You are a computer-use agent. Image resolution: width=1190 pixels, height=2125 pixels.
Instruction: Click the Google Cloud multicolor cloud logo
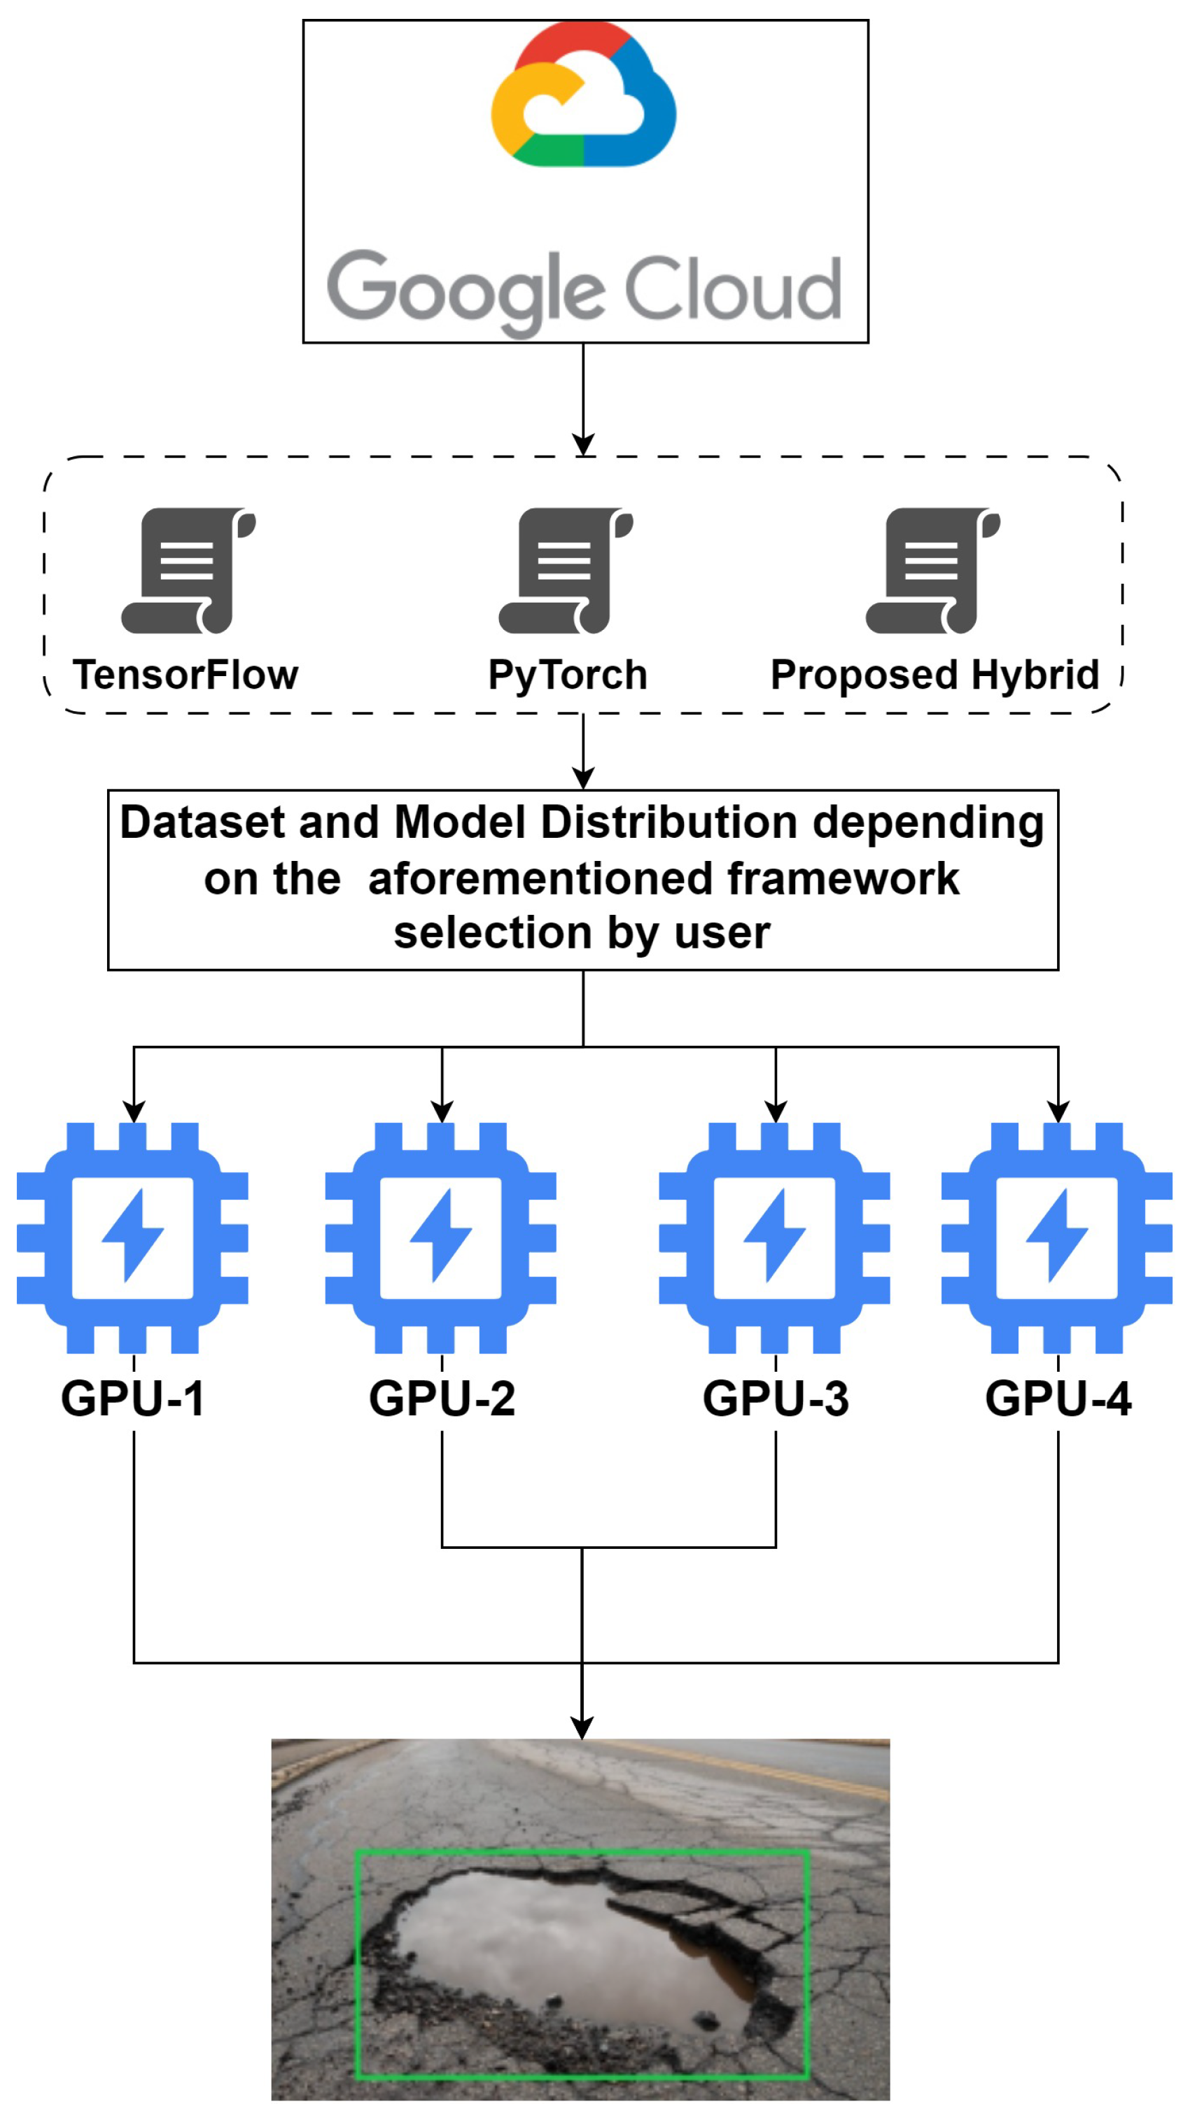(x=583, y=93)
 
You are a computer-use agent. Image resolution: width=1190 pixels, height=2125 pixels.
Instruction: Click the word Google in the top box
(x=466, y=293)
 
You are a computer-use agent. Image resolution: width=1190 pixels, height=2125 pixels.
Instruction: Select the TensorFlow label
(x=185, y=675)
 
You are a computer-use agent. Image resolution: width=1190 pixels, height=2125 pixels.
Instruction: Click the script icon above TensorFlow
(x=189, y=571)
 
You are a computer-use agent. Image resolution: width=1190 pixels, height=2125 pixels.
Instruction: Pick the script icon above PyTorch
(x=566, y=571)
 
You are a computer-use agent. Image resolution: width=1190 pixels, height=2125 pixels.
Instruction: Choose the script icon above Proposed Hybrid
(x=933, y=571)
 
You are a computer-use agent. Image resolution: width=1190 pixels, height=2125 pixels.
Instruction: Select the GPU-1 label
(x=133, y=1399)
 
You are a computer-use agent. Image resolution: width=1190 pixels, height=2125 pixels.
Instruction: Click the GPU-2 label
(x=442, y=1399)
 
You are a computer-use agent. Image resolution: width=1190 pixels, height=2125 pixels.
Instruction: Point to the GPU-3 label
(x=776, y=1399)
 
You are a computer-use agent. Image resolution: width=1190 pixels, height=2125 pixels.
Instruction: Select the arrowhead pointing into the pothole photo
(x=582, y=1727)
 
